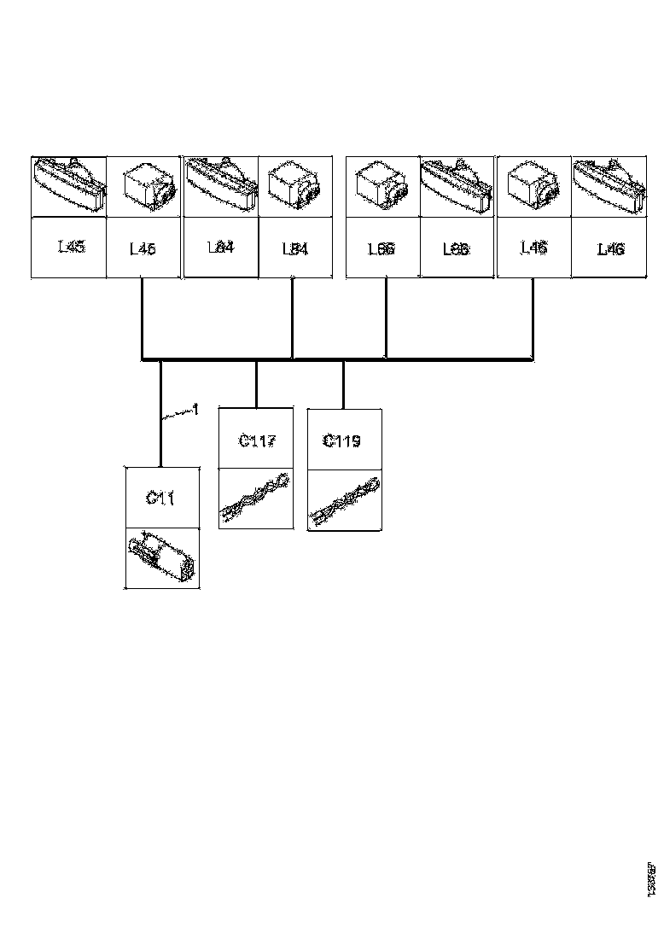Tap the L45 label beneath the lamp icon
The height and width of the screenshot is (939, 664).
[71, 248]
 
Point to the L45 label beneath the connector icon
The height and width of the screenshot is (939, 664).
[143, 249]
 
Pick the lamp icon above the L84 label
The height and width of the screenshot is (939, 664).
[220, 184]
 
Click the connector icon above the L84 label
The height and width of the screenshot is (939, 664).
[294, 186]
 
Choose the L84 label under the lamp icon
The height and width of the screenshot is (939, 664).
[221, 248]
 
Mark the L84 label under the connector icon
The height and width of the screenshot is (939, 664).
[294, 249]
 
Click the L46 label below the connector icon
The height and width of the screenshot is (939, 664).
[534, 248]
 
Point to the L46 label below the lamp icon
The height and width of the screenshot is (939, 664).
[610, 249]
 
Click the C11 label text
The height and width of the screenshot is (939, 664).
[161, 498]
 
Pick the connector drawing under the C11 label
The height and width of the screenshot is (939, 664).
[162, 557]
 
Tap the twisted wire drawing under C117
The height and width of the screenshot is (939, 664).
[255, 499]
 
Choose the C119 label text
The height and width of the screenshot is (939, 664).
[342, 440]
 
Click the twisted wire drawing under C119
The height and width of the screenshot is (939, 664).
[344, 501]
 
